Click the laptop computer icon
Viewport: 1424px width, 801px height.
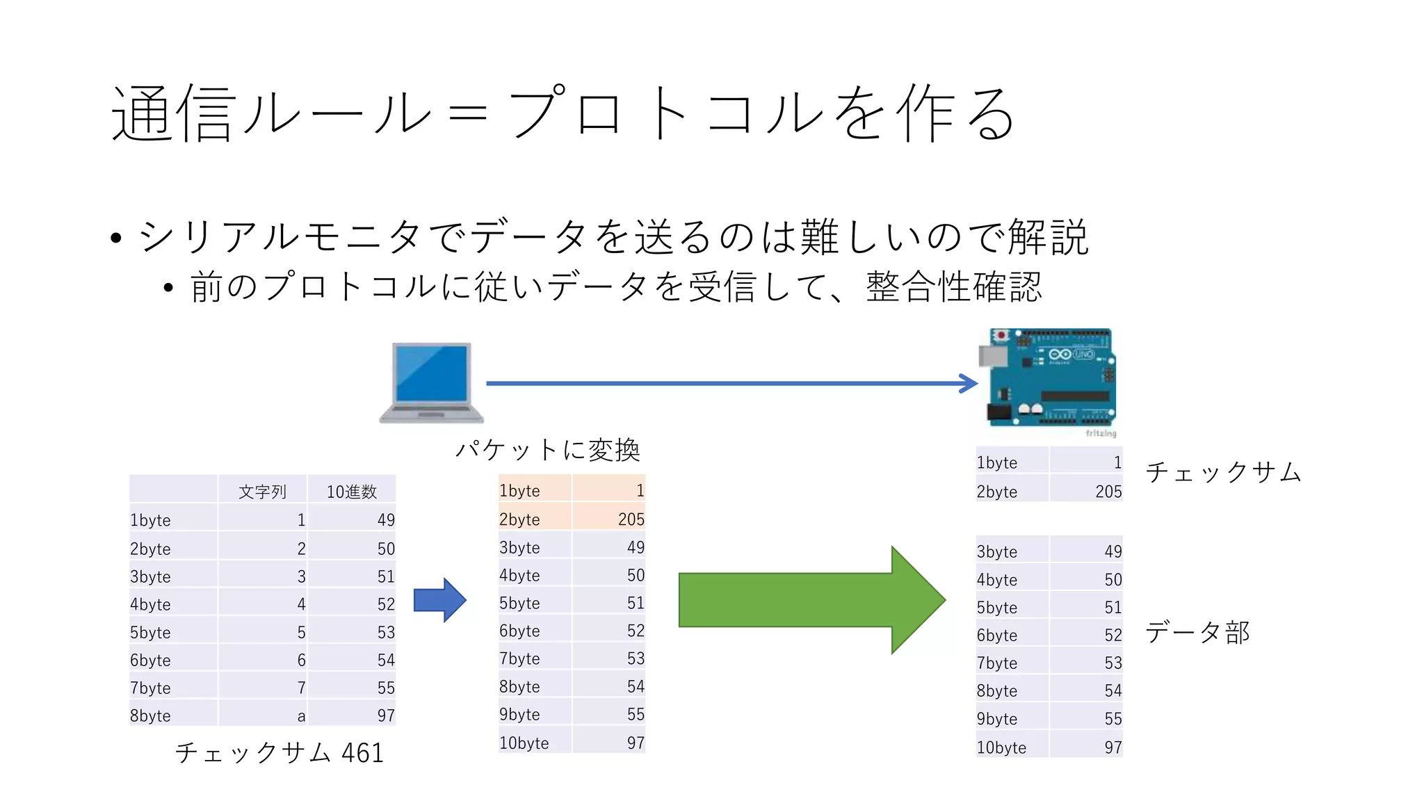[x=431, y=382]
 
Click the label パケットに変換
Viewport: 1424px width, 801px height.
[x=547, y=450]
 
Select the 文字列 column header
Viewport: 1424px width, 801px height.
[x=262, y=492]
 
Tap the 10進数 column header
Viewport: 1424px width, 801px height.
[x=352, y=492]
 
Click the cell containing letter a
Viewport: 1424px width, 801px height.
[x=301, y=715]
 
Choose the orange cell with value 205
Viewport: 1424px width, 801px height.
[x=630, y=519]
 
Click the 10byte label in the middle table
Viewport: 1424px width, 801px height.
[x=524, y=743]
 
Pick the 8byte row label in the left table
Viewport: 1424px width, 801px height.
[x=150, y=715]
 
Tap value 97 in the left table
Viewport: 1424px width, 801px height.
[x=386, y=715]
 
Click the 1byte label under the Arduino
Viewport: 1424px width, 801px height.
[x=996, y=463]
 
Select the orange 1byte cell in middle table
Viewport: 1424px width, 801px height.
[x=519, y=491]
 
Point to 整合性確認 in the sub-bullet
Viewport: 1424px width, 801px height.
[x=954, y=286]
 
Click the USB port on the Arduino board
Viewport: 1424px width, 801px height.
[x=992, y=357]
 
